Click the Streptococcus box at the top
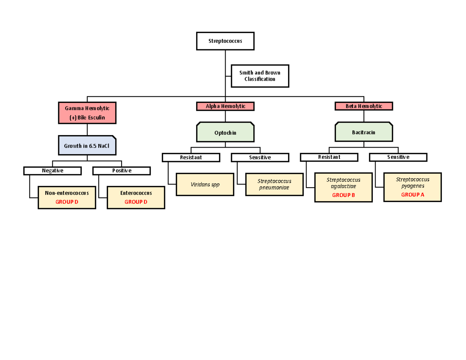click(x=225, y=41)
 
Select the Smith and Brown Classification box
click(x=260, y=76)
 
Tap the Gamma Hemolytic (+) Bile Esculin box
click(x=87, y=113)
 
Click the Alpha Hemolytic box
click(x=225, y=106)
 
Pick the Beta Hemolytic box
click(x=364, y=106)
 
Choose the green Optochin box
click(x=225, y=132)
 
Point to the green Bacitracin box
click(x=364, y=132)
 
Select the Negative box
click(x=52, y=171)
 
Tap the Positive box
click(x=122, y=171)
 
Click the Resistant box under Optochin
click(x=191, y=157)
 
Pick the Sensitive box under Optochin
click(x=260, y=157)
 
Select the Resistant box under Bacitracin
click(x=329, y=157)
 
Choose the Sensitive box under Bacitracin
click(x=398, y=157)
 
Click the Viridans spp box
click(x=205, y=184)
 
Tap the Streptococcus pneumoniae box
click(x=274, y=184)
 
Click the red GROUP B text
click(x=343, y=195)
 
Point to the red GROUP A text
click(x=412, y=195)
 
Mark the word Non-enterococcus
click(x=67, y=193)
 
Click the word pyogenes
click(x=412, y=186)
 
